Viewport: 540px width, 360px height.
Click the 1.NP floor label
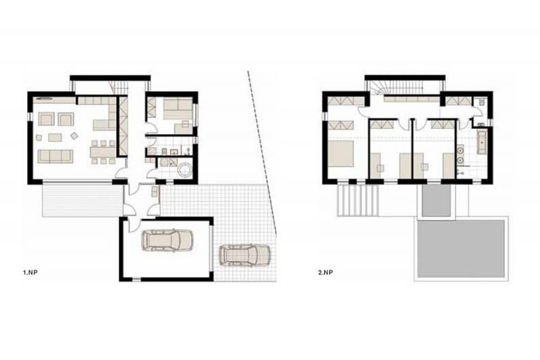(30, 272)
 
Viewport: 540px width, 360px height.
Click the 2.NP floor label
(326, 272)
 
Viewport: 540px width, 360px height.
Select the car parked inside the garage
(167, 240)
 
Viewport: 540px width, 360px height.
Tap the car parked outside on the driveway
(245, 255)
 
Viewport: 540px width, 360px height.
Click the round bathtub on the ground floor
(185, 170)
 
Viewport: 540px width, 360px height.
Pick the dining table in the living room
(103, 152)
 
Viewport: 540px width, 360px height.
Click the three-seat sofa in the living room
(55, 156)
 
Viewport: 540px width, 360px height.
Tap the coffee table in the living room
(55, 138)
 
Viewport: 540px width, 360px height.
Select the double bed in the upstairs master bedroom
(341, 153)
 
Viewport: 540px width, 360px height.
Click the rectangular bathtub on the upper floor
(482, 142)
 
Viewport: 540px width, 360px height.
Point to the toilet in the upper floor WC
(481, 102)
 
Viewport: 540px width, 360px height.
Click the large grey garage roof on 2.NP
(461, 249)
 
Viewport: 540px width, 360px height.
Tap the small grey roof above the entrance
(436, 201)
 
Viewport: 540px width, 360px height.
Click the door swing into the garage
(133, 226)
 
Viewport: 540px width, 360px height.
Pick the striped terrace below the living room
(82, 201)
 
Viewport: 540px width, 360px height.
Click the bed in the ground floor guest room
(178, 109)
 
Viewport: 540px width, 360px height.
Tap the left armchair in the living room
(46, 119)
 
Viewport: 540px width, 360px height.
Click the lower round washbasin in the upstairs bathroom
(460, 160)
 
